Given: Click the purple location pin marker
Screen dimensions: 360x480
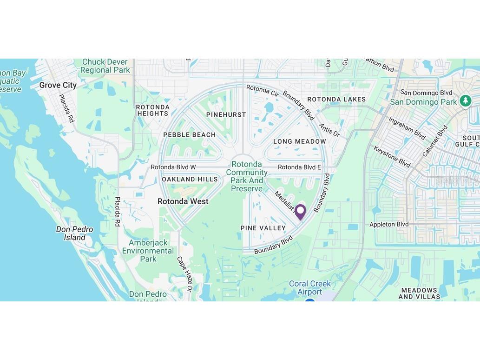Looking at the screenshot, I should [301, 211].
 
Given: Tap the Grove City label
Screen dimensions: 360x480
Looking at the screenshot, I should [58, 85].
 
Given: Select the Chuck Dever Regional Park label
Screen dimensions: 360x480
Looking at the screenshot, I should [105, 66].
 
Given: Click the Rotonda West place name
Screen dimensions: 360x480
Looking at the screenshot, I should [183, 201].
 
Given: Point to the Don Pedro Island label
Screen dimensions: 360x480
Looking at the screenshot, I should [74, 233].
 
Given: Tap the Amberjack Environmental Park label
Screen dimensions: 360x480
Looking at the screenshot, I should [148, 251].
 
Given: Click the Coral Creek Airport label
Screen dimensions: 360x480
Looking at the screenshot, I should [310, 287].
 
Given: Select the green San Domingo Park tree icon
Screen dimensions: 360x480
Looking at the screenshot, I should [465, 100].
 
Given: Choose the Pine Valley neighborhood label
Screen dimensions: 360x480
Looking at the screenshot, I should [263, 228].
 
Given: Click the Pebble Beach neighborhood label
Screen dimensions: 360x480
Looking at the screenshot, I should [189, 135].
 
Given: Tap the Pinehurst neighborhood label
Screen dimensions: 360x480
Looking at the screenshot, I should [226, 114].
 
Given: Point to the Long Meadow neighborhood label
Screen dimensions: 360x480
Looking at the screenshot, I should [300, 141].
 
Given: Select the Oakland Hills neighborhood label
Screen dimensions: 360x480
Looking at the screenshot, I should [190, 179].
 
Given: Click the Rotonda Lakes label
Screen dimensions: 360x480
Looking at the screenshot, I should [336, 99].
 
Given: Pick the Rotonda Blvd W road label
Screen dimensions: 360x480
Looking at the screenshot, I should [173, 167].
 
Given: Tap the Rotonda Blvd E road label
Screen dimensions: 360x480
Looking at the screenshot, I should [299, 167].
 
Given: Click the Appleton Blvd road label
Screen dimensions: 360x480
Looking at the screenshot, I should [389, 224].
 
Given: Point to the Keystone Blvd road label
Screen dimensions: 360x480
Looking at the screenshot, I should [392, 157].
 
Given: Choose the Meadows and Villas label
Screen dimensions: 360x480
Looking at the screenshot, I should [419, 293].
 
